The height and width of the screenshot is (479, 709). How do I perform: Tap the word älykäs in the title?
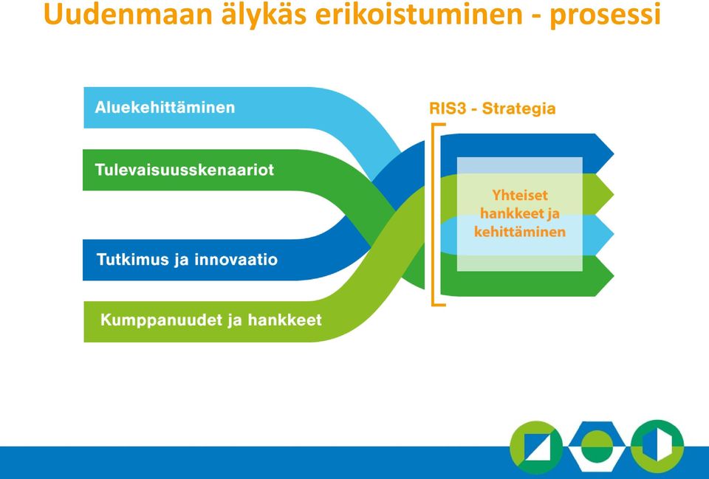tap(263, 15)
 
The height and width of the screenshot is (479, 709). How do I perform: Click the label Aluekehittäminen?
tap(165, 108)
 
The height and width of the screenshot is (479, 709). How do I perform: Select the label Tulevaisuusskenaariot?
tap(185, 170)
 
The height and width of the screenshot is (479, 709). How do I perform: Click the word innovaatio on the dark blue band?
tap(236, 260)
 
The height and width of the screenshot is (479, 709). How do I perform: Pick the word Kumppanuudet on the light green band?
tap(160, 320)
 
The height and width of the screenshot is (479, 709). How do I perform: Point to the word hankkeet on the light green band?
tap(285, 320)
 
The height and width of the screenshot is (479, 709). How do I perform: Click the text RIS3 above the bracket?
tap(448, 108)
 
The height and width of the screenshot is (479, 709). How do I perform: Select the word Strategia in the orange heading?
tap(518, 109)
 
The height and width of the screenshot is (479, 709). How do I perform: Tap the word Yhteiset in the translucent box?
tap(520, 195)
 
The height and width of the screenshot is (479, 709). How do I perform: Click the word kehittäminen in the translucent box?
tap(520, 232)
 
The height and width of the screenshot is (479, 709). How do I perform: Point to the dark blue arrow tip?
tap(613, 154)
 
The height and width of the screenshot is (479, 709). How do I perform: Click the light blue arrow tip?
tap(613, 235)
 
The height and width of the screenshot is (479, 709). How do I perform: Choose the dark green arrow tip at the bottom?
tap(613, 275)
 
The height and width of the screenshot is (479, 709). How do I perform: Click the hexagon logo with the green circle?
tap(597, 447)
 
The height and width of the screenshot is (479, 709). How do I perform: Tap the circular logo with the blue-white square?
tap(536, 447)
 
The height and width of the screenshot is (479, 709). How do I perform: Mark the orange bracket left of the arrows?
tap(434, 215)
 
